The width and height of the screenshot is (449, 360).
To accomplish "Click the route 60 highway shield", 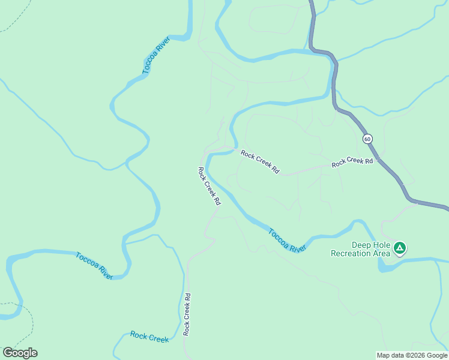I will point(367,139).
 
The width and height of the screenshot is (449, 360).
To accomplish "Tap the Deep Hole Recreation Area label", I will point(361,249).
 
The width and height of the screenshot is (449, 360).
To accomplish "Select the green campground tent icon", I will point(400,247).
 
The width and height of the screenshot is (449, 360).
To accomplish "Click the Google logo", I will point(20,353).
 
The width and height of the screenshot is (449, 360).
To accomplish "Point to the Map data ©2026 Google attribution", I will point(412,355).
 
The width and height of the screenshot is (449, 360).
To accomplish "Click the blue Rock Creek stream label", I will point(149,337).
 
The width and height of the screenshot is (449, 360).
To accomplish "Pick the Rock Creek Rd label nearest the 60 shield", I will point(352,161).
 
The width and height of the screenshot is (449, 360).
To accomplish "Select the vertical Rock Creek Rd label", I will point(187,314).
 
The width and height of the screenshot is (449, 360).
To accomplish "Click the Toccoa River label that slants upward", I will point(156,56).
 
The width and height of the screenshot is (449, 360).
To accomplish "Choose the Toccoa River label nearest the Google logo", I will point(94,266).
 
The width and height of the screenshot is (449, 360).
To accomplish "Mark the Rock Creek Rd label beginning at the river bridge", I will point(260,162).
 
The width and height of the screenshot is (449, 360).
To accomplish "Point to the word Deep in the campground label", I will point(361,245).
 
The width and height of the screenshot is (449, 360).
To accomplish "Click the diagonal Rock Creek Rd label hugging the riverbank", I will point(209,187).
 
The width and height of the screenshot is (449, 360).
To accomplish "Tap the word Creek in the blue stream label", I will point(158,338).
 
